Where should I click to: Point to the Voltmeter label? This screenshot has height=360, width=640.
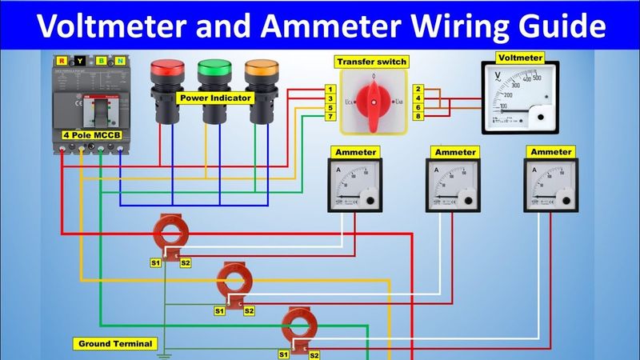(520, 58)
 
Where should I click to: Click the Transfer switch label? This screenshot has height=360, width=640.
(371, 62)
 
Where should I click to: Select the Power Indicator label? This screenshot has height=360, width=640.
(215, 98)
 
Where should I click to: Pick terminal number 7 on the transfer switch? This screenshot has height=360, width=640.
(330, 117)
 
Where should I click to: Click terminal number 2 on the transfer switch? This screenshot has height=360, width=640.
(418, 89)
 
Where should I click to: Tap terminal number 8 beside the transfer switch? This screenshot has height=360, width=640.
(418, 117)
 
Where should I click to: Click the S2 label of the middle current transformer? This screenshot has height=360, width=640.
(249, 310)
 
